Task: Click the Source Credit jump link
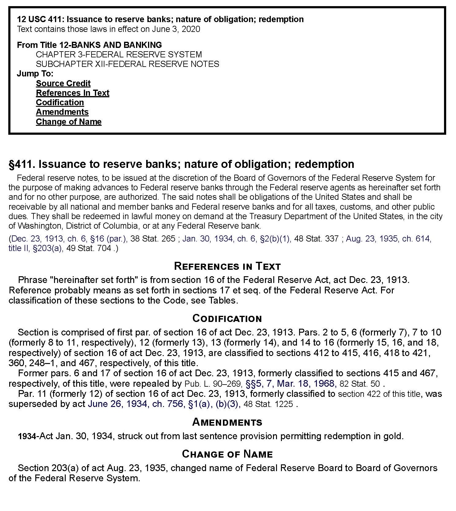tap(63, 83)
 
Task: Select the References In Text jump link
tap(72, 93)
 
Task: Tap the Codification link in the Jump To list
tap(60, 103)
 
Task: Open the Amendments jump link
tap(62, 112)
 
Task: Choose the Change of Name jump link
tap(68, 122)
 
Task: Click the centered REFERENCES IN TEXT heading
tap(227, 266)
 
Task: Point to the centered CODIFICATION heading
tap(227, 319)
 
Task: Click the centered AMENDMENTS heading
tap(227, 422)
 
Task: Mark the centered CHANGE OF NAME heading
tap(227, 454)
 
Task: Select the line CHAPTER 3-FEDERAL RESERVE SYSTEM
tap(119, 55)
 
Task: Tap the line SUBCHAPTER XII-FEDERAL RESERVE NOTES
tap(127, 64)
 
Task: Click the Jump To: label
tap(35, 74)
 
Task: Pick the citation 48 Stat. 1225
tap(268, 404)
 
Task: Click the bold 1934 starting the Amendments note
tap(27, 436)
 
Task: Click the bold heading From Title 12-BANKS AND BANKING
tap(89, 45)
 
